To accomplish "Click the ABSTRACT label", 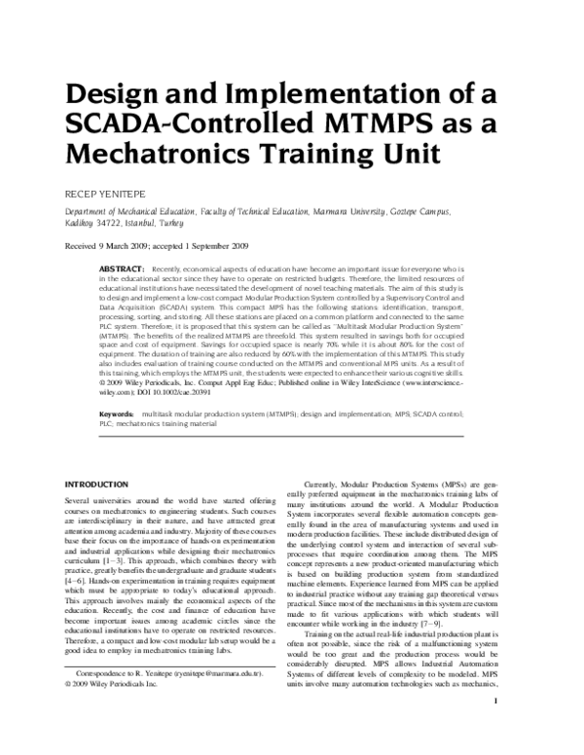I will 122,267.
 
